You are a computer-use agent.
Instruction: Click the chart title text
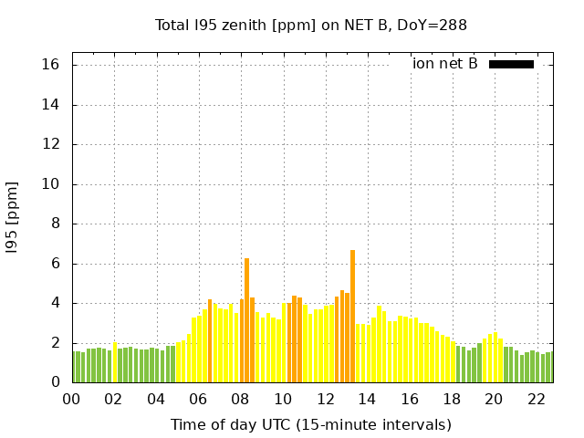pyautogui.click(x=311, y=25)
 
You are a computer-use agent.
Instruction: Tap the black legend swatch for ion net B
pyautogui.click(x=511, y=64)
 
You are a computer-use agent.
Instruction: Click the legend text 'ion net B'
pyautogui.click(x=444, y=64)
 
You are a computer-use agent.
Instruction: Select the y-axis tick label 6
pyautogui.click(x=54, y=264)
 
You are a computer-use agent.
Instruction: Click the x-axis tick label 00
pyautogui.click(x=71, y=400)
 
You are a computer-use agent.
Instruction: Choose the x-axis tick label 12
pyautogui.click(x=326, y=400)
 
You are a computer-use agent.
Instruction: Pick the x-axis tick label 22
pyautogui.click(x=537, y=400)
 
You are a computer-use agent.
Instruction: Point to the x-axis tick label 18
pyautogui.click(x=453, y=400)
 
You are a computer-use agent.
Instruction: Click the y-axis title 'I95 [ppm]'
pyautogui.click(x=13, y=224)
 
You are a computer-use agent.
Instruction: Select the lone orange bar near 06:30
pyautogui.click(x=210, y=341)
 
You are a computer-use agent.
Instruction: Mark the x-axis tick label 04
pyautogui.click(x=156, y=400)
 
